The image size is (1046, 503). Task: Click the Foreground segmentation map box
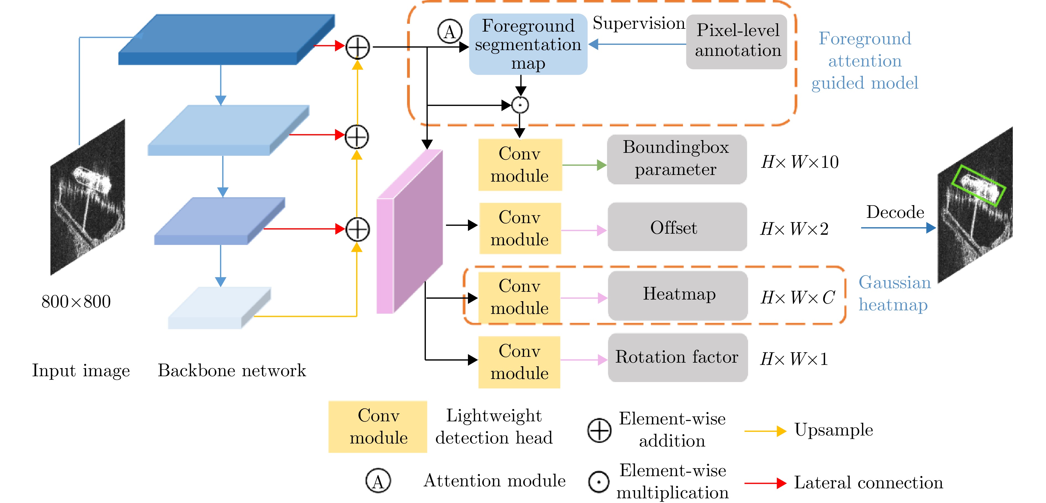pos(528,44)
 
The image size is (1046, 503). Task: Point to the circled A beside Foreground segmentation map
pos(449,32)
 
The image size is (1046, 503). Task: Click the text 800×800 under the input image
pos(76,301)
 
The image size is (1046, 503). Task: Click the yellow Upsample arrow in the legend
pos(765,431)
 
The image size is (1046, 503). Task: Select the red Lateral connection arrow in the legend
pos(765,483)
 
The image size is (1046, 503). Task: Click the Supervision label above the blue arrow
pos(639,23)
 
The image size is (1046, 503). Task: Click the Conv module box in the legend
pos(378,427)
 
